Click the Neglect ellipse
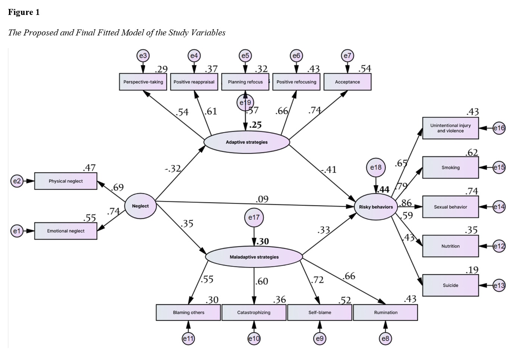(140, 206)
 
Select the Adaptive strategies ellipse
(246, 142)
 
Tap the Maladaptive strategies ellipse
(254, 257)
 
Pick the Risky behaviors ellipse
(376, 207)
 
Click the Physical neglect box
(66, 181)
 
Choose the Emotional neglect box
(66, 231)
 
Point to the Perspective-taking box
(143, 82)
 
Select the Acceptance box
(347, 82)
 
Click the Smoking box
(450, 168)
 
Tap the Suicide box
(450, 285)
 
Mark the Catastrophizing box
(254, 313)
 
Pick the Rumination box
(385, 313)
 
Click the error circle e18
(376, 168)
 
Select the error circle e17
(254, 217)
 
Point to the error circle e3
(143, 56)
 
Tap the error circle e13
(499, 285)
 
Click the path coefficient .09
(262, 199)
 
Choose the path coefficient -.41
(329, 170)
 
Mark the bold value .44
(383, 190)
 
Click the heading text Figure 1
(24, 12)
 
